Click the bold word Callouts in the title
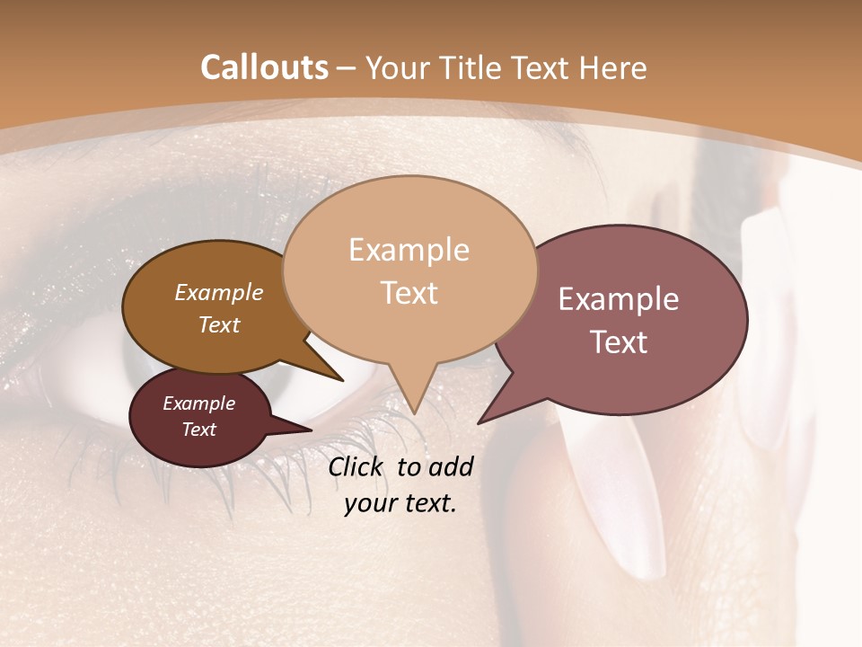coord(264,67)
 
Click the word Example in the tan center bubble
coord(409,250)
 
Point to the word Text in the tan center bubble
coord(409,293)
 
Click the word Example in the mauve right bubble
coord(619,299)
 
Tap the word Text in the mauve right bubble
coord(619,342)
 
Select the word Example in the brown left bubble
coord(219,293)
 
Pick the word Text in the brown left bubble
coord(219,324)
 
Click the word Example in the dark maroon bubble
coord(199,403)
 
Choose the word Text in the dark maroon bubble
coord(199,430)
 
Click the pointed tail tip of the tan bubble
coord(414,412)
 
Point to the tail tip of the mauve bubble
coord(479,422)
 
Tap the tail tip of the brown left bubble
coord(342,380)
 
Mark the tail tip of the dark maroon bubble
coord(311,430)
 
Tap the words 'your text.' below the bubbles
coord(400,503)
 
